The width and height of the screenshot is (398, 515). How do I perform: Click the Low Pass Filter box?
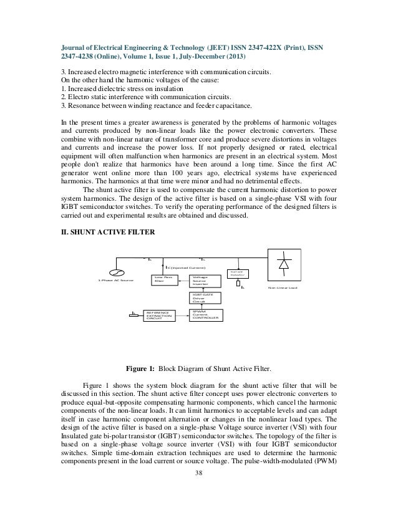point(163,281)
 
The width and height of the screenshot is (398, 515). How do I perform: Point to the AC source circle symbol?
point(114,272)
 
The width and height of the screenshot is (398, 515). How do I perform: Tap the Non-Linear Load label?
point(282,288)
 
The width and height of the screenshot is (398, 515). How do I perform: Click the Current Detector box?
point(236,274)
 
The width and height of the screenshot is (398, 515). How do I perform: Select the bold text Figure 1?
point(140,368)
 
